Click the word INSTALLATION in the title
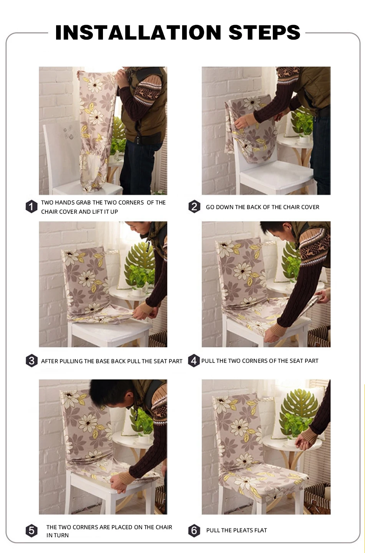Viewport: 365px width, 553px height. pos(138,32)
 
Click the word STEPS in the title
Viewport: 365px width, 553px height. pos(264,32)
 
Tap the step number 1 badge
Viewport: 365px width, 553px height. pos(32,206)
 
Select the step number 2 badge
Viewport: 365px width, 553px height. pos(194,207)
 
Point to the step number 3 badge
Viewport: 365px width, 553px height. pos(32,361)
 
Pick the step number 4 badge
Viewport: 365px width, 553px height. pos(194,361)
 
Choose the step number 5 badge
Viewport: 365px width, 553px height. pos(32,531)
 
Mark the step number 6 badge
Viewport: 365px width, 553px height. pos(194,531)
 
